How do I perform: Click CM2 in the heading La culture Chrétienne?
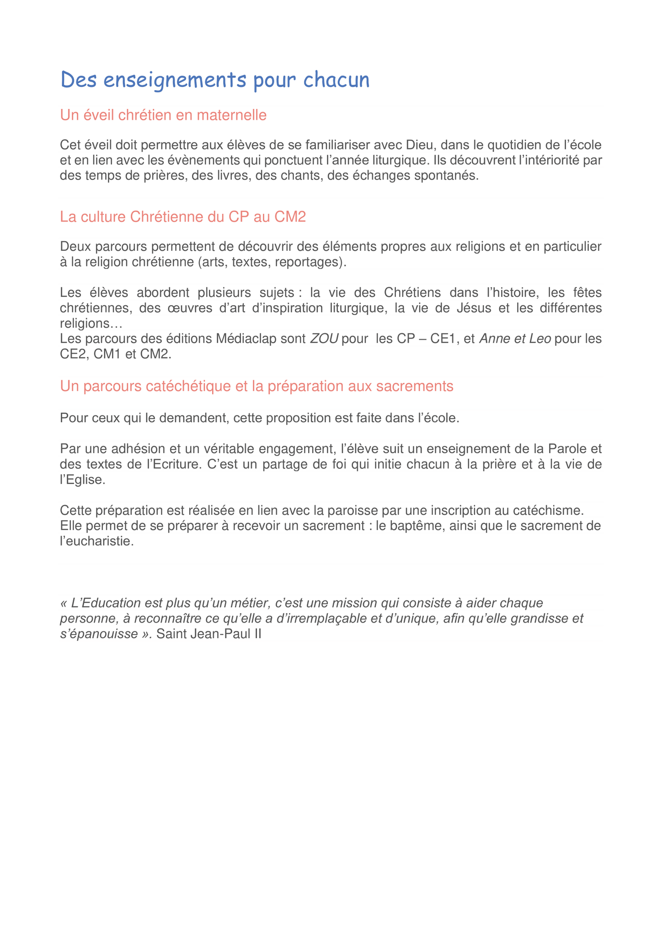(290, 217)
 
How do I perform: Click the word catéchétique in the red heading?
(178, 386)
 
